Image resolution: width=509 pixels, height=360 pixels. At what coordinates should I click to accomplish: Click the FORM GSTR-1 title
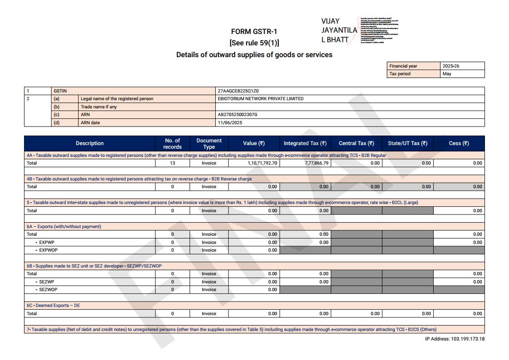coord(254,32)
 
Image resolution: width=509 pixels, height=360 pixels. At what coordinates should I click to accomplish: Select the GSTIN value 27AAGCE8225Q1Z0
coord(238,91)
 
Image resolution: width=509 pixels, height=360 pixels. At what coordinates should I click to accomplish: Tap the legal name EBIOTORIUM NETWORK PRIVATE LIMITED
coord(261,99)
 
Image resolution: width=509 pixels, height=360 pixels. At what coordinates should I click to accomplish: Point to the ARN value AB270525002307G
coord(238,115)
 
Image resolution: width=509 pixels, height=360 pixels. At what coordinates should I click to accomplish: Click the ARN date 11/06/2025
coord(230,123)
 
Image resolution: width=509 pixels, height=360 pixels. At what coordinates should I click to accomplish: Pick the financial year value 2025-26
coord(451,66)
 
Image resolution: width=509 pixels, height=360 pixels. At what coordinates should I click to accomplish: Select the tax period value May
coord(447,74)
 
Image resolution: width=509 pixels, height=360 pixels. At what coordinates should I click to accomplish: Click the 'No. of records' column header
coord(172,143)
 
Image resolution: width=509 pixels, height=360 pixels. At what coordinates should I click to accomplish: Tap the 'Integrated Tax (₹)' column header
coord(305,143)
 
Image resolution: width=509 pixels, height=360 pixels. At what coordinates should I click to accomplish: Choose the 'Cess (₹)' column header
coord(459,143)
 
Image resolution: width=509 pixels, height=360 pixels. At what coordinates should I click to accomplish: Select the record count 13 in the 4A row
coord(172,163)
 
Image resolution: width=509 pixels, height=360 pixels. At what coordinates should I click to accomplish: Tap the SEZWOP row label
coord(48,290)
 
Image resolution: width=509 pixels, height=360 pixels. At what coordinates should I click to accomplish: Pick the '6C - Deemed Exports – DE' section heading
coord(53,306)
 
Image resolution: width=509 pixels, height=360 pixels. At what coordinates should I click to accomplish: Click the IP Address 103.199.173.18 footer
coord(455,339)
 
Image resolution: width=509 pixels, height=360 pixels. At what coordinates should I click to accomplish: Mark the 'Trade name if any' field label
coord(98,107)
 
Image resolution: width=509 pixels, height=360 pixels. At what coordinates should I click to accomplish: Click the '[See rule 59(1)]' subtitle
coord(254,43)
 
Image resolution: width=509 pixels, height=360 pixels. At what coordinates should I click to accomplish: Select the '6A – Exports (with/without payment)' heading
coord(63,227)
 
